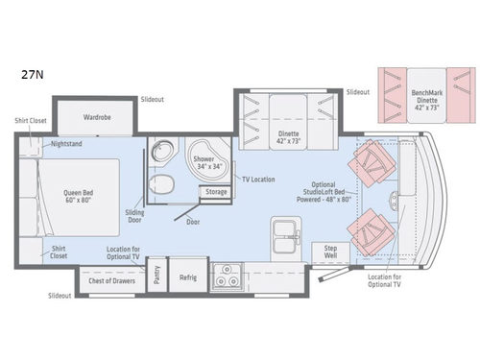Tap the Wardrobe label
click(x=97, y=117)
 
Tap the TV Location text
click(x=259, y=180)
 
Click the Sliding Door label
click(x=135, y=216)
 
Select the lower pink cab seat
click(x=375, y=228)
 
